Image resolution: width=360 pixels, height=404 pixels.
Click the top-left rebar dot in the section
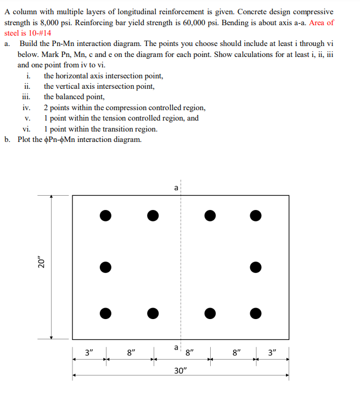(x=106, y=215)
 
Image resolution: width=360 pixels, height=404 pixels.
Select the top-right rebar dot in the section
(x=255, y=215)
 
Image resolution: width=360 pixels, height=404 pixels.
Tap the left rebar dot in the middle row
(x=106, y=268)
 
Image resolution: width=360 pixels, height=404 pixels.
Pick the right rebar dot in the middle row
(x=255, y=268)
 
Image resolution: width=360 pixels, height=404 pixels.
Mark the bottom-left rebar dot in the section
(x=106, y=313)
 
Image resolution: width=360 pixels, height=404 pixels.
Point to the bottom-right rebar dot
(x=255, y=313)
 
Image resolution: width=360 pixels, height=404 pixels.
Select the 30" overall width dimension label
(x=181, y=371)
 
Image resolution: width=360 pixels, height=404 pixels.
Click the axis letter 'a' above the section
(x=176, y=188)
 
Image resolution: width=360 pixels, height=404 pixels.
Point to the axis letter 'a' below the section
(x=176, y=347)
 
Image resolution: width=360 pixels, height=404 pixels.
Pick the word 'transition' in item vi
(x=115, y=129)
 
